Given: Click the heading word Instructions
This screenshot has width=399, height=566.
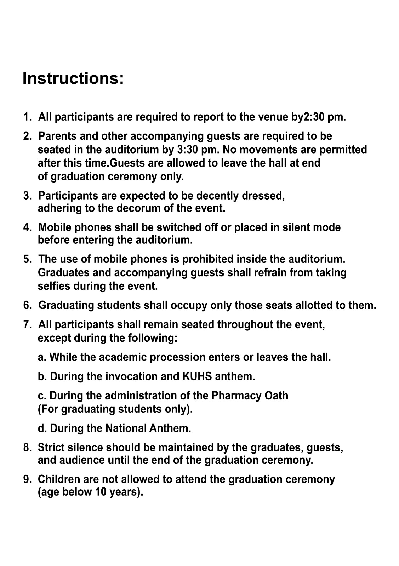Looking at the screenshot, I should (73, 78).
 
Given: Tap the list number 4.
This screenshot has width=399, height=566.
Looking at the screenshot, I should (27, 227).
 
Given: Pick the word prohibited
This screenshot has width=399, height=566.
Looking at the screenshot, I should (208, 259).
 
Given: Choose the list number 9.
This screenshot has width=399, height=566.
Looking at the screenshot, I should (27, 479).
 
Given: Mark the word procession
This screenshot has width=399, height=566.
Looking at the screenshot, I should (178, 357).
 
